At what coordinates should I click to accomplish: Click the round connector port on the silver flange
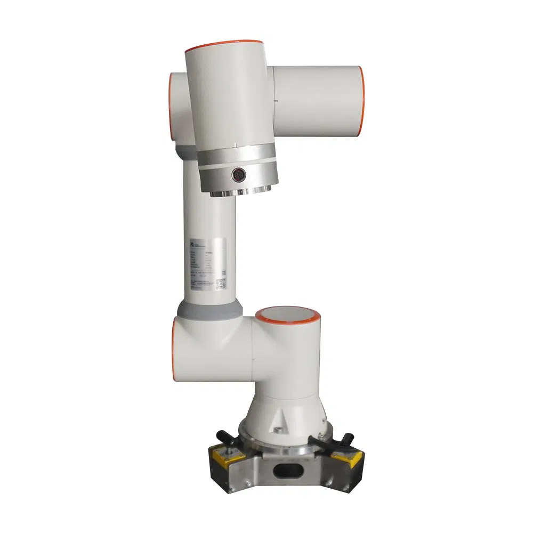(238, 174)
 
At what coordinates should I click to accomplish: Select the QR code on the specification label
(221, 281)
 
